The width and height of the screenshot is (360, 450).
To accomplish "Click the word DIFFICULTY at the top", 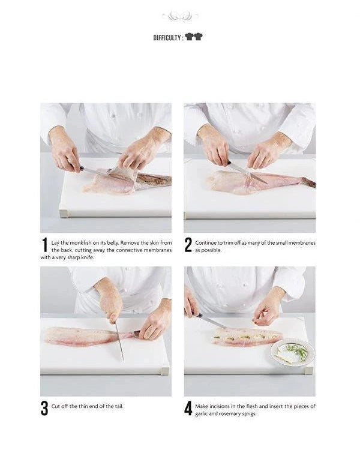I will (x=167, y=37).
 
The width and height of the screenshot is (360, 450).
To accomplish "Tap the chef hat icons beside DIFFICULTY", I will (x=194, y=37).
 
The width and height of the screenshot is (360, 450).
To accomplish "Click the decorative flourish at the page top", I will (x=180, y=16).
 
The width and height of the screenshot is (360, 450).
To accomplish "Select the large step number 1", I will (x=44, y=245).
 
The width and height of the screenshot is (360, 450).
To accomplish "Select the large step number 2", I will (x=188, y=245).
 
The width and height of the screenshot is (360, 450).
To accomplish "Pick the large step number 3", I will (x=44, y=408).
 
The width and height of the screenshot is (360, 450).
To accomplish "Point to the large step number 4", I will (x=188, y=408).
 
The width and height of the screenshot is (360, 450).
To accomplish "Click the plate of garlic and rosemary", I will (x=292, y=352).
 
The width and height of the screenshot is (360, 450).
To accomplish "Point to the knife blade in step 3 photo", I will (x=119, y=345).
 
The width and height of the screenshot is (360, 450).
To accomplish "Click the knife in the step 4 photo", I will (x=210, y=321).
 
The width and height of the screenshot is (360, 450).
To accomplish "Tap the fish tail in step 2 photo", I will (x=307, y=182).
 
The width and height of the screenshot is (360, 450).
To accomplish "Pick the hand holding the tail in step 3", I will (x=154, y=324).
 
